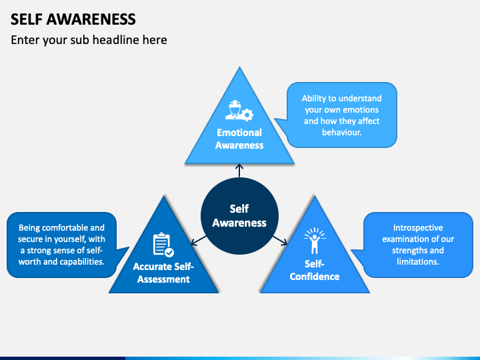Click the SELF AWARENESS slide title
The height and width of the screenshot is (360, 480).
click(73, 19)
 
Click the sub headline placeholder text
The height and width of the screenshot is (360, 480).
click(89, 40)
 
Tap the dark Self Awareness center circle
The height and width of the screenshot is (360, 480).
click(239, 216)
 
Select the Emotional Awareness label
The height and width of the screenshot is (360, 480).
click(239, 139)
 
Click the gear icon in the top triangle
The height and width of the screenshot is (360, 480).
click(247, 115)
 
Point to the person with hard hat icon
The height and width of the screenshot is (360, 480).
click(234, 109)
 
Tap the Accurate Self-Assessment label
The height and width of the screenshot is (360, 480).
click(163, 273)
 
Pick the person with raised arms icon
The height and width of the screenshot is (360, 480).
click(315, 241)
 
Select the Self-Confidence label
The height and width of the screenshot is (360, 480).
click(315, 270)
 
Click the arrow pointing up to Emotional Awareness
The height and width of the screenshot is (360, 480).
click(239, 171)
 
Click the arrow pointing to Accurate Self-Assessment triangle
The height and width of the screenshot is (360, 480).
click(199, 240)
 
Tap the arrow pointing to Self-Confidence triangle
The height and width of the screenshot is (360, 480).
click(280, 240)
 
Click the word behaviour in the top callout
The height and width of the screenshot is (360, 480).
click(341, 132)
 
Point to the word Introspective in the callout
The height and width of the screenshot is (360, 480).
click(418, 228)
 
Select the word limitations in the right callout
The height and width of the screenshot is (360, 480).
click(418, 262)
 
